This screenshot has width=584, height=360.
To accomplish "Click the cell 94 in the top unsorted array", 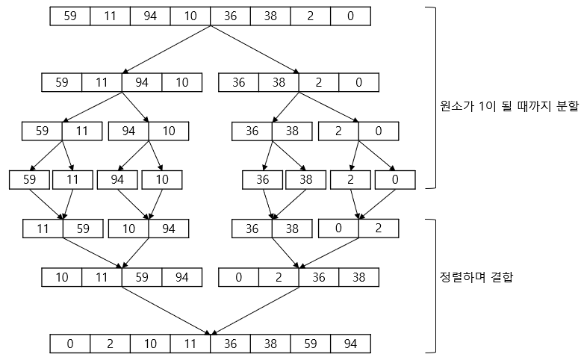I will tap(150, 16).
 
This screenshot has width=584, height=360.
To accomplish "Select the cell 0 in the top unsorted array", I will tap(351, 16).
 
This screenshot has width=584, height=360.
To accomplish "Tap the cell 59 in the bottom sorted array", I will tap(311, 344).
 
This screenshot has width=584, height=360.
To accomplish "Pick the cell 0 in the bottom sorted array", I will tap(70, 344).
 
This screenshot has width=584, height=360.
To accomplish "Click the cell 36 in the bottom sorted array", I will tap(231, 344).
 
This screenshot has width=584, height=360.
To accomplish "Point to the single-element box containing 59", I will tap(29, 180).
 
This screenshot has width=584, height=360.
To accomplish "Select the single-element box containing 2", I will tap(352, 180).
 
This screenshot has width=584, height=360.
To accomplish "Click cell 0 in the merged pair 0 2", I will tap(338, 228).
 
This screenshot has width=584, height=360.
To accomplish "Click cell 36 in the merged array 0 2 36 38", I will tap(319, 279).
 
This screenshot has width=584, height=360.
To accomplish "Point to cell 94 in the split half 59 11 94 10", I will tap(143, 82).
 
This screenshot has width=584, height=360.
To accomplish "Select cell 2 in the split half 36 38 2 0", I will tap(318, 82).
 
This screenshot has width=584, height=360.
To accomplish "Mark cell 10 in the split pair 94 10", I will tap(169, 131).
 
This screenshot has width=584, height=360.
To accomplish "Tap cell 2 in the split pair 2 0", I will tap(338, 131).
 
